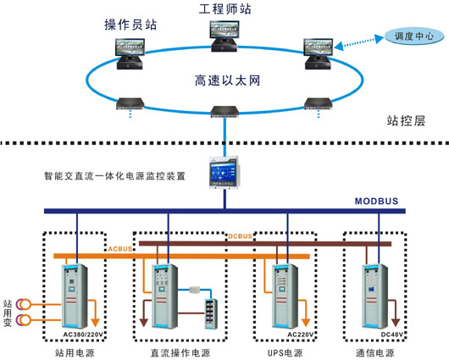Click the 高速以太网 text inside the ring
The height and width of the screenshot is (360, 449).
click(224, 82)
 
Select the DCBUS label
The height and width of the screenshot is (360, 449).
click(241, 236)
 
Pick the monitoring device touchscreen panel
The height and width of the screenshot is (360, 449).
click(224, 171)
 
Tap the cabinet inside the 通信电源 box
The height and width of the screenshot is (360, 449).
click(372, 295)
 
